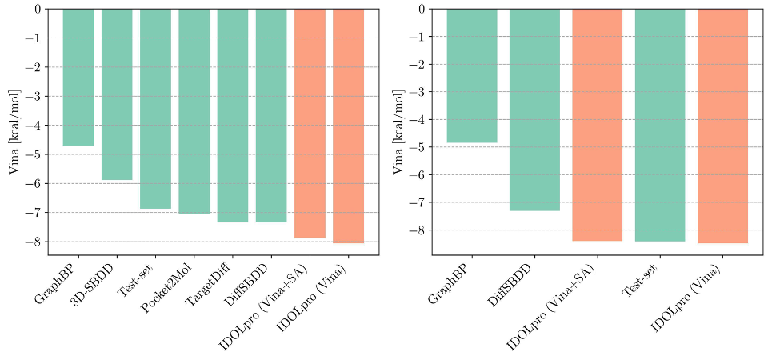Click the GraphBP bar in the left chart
78,78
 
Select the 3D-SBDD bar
117,94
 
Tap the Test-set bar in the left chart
155,109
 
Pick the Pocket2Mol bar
194,111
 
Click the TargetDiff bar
233,115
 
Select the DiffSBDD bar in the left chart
271,115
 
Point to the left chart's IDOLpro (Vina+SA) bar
310,123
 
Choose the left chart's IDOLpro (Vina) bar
348,126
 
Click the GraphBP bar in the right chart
471,76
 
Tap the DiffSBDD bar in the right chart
534,110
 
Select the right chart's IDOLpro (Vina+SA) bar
597,125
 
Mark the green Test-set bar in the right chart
660,125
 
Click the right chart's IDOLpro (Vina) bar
722,126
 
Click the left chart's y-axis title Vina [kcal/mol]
14,132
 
